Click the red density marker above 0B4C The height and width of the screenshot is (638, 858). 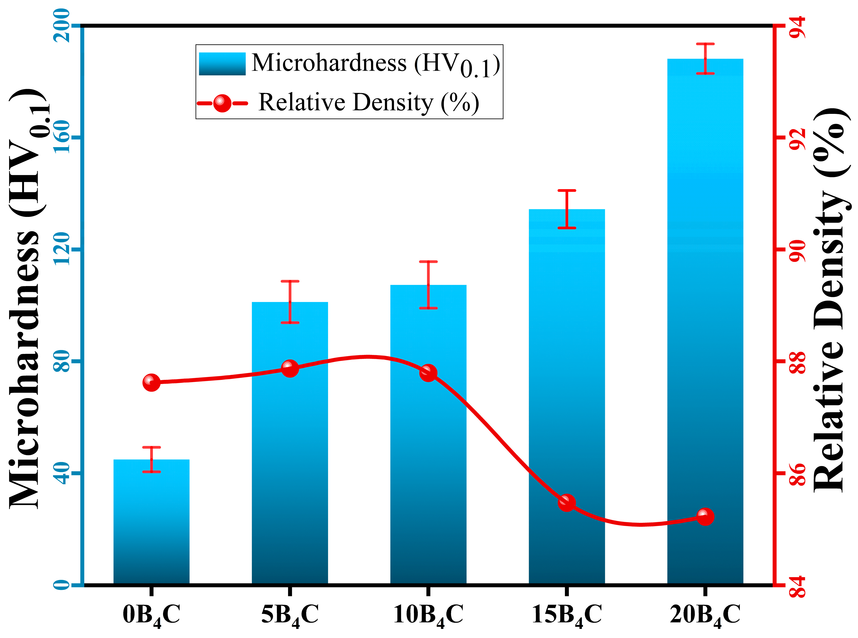tap(151, 382)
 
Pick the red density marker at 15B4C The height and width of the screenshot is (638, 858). tap(566, 502)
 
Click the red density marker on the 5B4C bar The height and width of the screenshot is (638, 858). tap(290, 368)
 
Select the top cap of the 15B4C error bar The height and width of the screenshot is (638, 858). tap(566, 190)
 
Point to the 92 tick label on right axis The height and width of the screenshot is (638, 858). tap(797, 138)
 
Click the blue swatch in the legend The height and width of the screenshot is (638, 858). tap(222, 64)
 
